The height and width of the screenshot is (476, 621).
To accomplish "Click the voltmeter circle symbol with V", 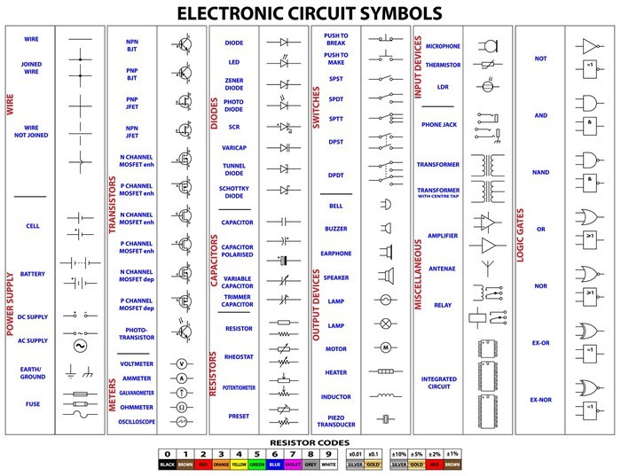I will click(182, 363).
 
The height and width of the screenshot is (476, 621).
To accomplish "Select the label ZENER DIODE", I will click(234, 83).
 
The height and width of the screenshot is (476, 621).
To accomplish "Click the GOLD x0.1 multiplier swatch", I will click(373, 463).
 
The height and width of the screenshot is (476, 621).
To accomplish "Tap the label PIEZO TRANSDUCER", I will click(336, 419).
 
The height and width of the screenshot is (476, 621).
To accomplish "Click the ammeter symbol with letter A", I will click(182, 378).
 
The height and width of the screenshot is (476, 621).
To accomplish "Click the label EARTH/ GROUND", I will click(32, 372).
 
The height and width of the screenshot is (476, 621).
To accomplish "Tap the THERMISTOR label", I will click(443, 65).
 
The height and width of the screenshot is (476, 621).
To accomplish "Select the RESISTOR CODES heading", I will click(310, 441).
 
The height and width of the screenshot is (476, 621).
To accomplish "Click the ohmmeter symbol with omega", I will click(182, 407).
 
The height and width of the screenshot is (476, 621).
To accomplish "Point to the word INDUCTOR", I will click(336, 396).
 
